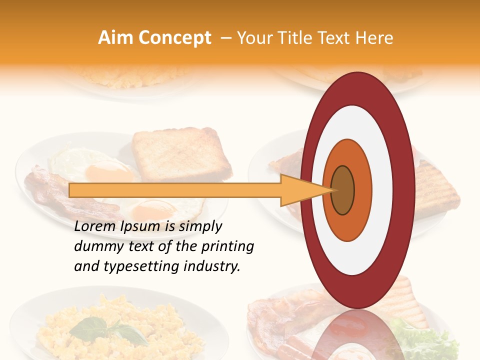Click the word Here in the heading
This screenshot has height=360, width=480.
(x=375, y=38)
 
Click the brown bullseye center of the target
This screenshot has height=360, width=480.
(x=342, y=190)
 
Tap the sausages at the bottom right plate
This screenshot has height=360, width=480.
(x=300, y=345)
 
